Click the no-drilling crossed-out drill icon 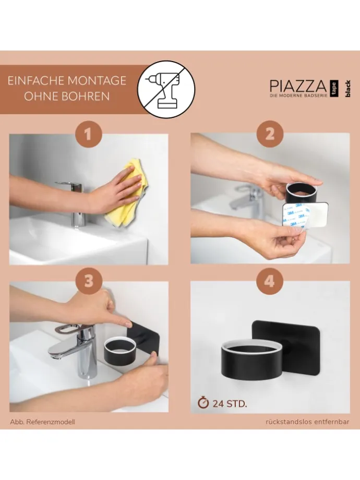coord(166,89)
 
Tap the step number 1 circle coord(88,135)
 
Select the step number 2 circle coord(270,135)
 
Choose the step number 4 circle coord(269,281)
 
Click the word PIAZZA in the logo coord(298,86)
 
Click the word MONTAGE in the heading coord(96,80)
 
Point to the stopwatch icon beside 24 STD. coord(203,402)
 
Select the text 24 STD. coord(230,404)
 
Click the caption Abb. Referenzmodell coord(43,422)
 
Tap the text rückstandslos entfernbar coord(307,422)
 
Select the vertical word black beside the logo coord(347,89)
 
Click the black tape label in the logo coord(334,89)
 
